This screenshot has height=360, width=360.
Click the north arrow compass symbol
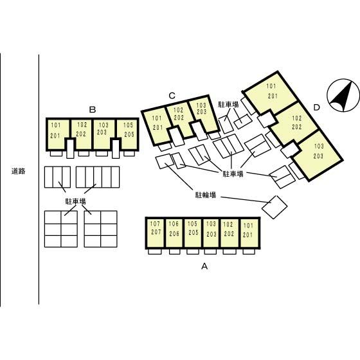pos(343,95)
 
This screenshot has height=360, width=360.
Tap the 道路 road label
pos(18,171)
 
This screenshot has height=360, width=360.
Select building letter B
pos(93,110)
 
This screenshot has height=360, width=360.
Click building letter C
pos(172,96)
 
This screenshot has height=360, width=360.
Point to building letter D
pos(316,107)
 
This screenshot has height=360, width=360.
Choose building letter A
pos(204,266)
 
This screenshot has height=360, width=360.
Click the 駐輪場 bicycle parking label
pos(206,195)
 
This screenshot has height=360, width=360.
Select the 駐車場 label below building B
pos(76,201)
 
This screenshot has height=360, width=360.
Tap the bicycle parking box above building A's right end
pos(274,207)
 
